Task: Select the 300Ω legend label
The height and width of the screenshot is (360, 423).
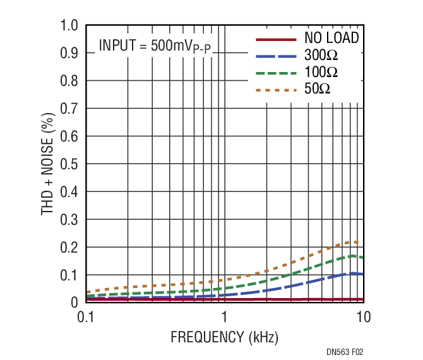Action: click(321, 56)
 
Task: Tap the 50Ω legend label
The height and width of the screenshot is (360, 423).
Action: click(317, 90)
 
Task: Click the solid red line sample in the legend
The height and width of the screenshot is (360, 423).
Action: click(275, 39)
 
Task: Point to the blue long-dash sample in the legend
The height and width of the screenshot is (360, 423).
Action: click(275, 56)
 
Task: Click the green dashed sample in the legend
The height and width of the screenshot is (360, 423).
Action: click(275, 73)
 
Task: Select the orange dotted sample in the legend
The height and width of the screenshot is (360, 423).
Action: click(275, 90)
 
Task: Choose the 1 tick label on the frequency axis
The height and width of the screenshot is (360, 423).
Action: click(224, 316)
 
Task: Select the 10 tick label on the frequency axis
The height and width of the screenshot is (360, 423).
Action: click(363, 316)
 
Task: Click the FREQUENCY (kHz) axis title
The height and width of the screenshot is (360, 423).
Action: click(224, 337)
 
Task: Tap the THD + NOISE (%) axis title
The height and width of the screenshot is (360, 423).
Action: click(48, 164)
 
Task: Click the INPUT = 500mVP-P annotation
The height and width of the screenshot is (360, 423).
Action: click(154, 46)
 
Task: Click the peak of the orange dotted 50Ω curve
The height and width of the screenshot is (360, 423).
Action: click(355, 241)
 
